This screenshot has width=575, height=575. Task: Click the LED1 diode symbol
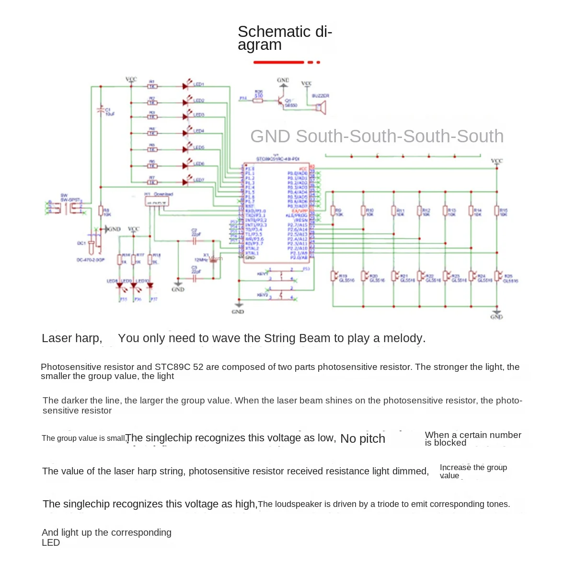(x=185, y=86)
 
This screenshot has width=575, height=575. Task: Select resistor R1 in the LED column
(x=152, y=87)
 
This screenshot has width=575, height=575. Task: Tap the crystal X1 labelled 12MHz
(x=214, y=259)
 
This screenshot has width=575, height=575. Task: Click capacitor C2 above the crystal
(x=195, y=241)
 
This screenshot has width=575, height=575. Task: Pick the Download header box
(x=157, y=202)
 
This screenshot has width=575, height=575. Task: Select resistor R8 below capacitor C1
(x=101, y=211)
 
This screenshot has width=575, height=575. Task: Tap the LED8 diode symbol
(x=119, y=286)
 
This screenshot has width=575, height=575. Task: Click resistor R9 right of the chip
(x=333, y=211)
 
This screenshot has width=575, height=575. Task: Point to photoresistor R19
(x=333, y=276)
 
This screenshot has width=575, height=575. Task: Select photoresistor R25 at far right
(x=497, y=276)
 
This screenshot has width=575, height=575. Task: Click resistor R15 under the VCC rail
(x=497, y=211)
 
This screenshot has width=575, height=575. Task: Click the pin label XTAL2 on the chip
(x=252, y=249)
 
